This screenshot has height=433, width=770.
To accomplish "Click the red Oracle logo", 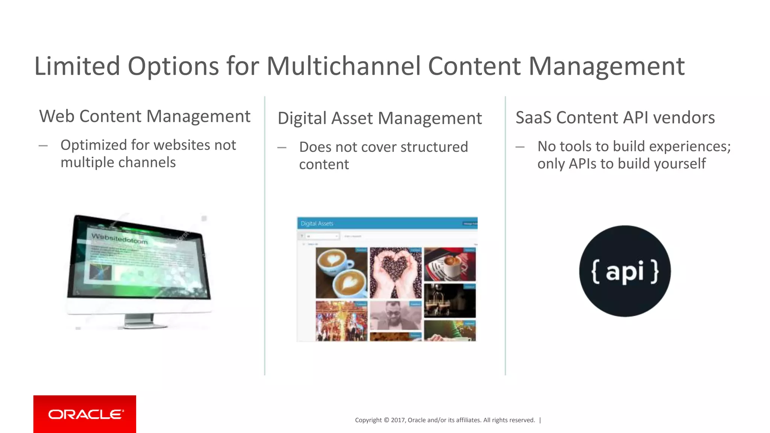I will click(85, 414).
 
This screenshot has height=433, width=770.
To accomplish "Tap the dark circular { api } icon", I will click(625, 271).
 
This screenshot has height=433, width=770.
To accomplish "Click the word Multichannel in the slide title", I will click(344, 66).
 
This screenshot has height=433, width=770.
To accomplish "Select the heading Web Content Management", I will click(145, 116).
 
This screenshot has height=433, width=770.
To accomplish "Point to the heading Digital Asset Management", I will click(380, 118).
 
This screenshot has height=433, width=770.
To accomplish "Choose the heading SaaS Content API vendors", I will click(615, 118).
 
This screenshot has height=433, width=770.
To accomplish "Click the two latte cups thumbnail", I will click(341, 273).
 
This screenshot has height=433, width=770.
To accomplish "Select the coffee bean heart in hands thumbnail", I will click(396, 273).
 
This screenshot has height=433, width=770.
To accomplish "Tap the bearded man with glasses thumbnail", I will click(396, 315).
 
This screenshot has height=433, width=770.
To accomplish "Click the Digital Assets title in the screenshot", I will click(317, 224).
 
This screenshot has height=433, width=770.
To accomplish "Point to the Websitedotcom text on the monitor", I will click(120, 239).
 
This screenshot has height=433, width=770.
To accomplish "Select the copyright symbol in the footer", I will click(386, 420).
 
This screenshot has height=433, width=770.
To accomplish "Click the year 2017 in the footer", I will click(398, 420).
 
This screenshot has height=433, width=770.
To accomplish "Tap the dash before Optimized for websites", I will click(43, 146).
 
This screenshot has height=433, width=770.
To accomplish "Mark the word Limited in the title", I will click(77, 66).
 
